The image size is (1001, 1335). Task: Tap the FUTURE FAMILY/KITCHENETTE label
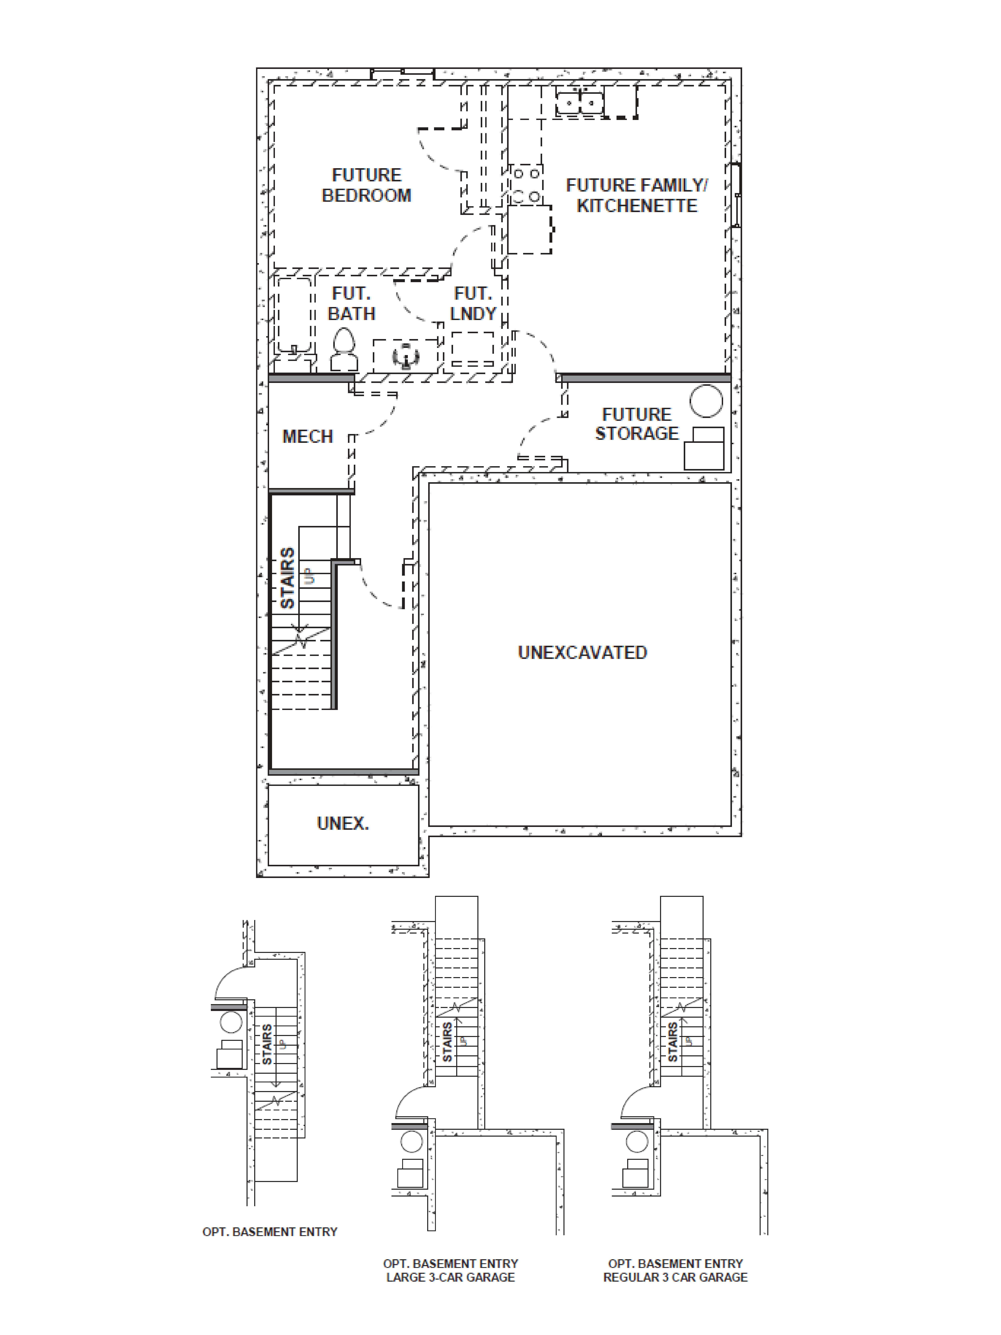coord(637,196)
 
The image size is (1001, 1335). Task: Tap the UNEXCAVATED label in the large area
coord(582,652)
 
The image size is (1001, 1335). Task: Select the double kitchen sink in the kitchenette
coord(579,101)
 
